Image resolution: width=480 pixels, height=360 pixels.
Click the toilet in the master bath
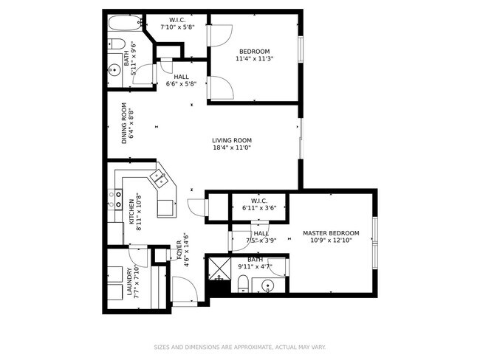click(x=244, y=283)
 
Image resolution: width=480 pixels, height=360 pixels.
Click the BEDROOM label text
click(x=254, y=51)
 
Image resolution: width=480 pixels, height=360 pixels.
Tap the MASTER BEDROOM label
click(x=331, y=233)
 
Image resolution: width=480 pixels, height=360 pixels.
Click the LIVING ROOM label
click(x=232, y=140)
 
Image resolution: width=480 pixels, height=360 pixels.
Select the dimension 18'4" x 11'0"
click(x=232, y=148)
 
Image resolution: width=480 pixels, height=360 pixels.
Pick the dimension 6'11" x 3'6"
click(x=258, y=209)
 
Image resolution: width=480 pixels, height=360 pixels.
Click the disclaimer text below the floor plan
click(x=239, y=346)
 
